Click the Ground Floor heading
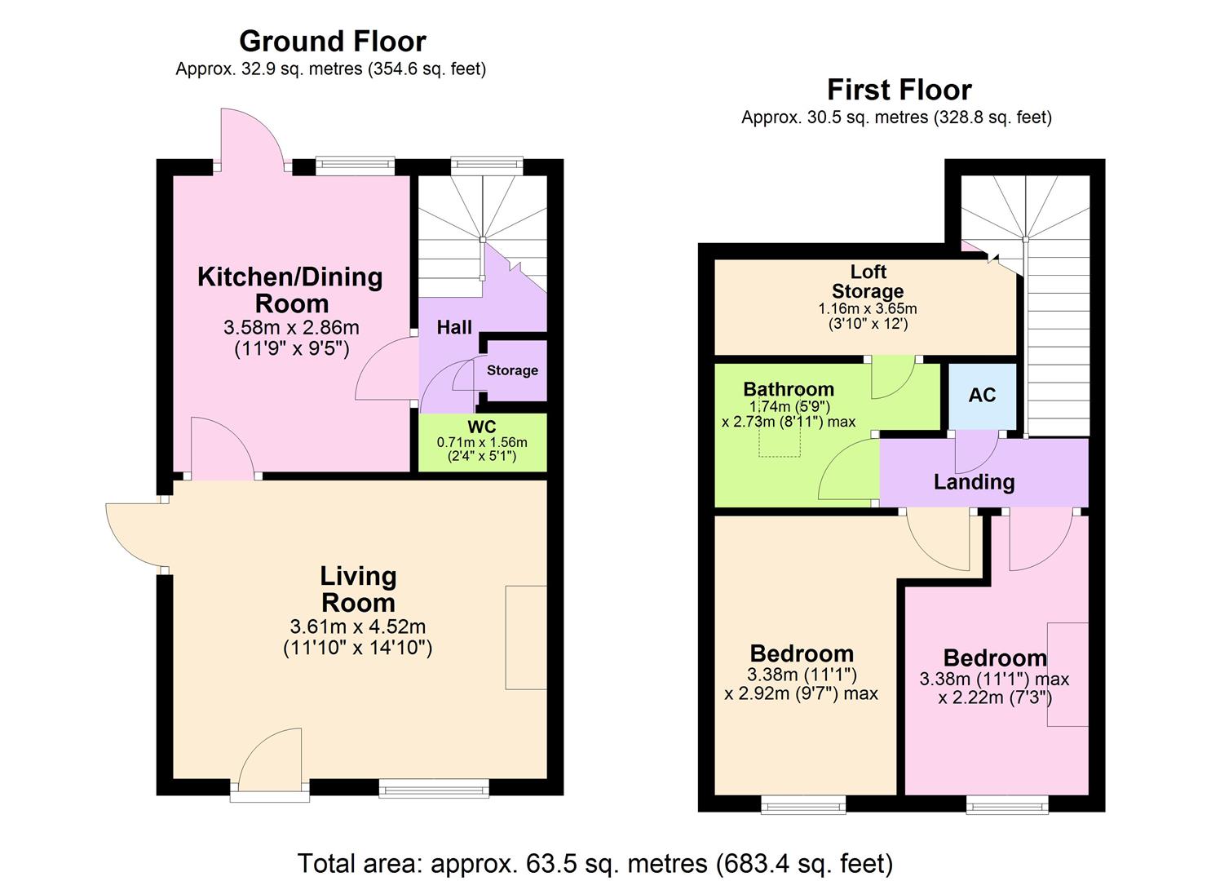coord(332,41)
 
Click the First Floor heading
coord(899,89)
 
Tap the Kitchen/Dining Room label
coord(290,290)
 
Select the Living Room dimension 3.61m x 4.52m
coord(357,627)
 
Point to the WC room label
coord(481,427)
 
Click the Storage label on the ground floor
coord(512,370)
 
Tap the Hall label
coord(454,327)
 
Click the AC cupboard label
coord(982,395)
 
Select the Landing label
coord(974,481)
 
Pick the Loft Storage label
coord(867,281)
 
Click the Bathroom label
coord(788,389)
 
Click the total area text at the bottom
coord(594,862)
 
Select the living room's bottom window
coord(433,787)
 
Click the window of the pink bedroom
coord(1007,804)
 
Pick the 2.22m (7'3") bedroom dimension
coord(995,697)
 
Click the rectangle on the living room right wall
coord(526,637)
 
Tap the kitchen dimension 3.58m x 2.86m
coord(291,328)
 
